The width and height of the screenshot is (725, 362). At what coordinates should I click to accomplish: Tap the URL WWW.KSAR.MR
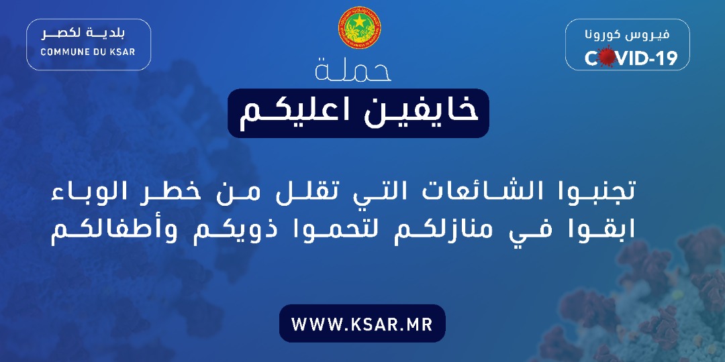click(x=362, y=324)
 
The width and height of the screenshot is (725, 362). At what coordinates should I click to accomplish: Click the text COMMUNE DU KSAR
click(x=88, y=52)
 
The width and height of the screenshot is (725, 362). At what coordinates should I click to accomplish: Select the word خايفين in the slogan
click(x=420, y=113)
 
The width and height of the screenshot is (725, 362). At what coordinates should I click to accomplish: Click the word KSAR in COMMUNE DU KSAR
click(x=124, y=52)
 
